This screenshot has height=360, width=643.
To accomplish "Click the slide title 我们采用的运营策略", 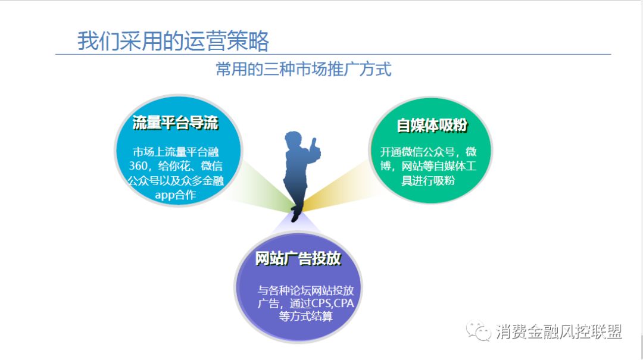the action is point(173,40).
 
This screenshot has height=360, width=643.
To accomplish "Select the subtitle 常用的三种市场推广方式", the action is point(304,69).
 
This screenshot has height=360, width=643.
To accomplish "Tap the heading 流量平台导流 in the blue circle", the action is point(176,123).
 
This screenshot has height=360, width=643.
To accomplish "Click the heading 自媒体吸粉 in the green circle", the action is point(432,125).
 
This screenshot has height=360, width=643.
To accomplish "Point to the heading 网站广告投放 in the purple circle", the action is point(298,258).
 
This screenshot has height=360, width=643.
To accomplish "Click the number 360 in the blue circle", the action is point(138,165).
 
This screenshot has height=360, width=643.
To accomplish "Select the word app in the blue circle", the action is point(164,195).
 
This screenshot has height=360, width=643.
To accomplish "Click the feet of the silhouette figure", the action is point(296,215).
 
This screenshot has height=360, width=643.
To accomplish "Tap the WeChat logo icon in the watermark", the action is point(478,330).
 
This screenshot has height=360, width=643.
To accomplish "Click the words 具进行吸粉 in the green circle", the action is point(428,180).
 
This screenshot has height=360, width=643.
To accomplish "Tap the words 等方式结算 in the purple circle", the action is point(305,316).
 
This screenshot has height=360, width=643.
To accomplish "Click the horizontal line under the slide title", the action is point(333,54).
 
